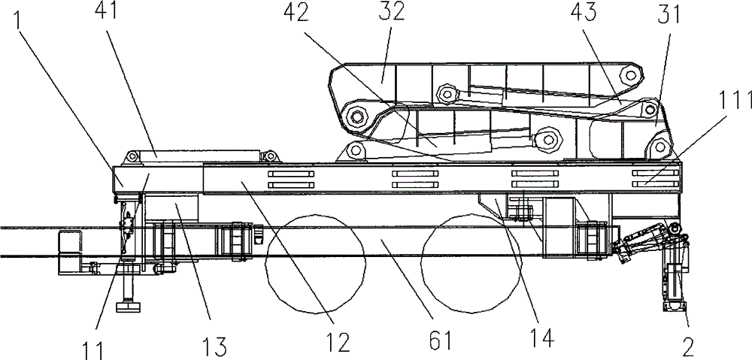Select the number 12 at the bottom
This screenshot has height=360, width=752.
click(339, 343)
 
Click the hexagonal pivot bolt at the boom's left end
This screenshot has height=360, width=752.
click(355, 115)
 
